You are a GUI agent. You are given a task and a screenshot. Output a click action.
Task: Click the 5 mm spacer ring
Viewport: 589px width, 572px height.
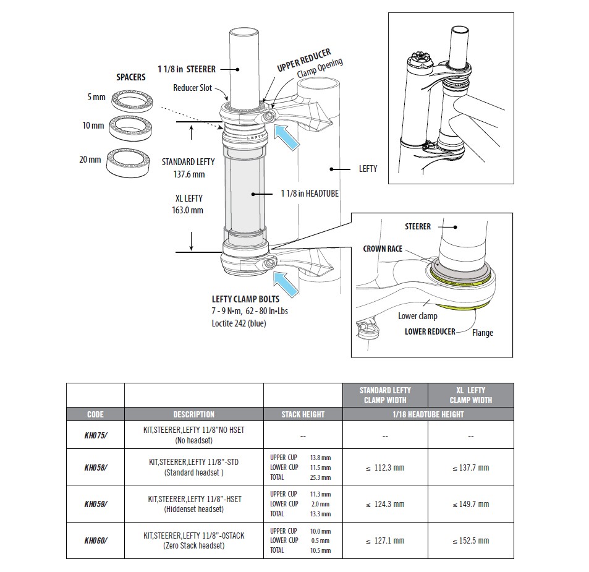131,100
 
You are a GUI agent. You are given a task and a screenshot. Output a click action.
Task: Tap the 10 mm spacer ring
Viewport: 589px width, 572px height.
130,127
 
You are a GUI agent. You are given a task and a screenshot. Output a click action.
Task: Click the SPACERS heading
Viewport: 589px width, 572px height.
131,77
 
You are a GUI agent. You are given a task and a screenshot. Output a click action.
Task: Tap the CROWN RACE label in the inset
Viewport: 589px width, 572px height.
383,249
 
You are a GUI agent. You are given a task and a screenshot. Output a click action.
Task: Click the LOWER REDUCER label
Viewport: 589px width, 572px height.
430,331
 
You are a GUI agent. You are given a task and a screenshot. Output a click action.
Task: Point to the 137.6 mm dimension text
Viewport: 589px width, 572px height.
189,174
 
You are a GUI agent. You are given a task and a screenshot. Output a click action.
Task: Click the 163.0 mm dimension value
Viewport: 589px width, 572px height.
189,210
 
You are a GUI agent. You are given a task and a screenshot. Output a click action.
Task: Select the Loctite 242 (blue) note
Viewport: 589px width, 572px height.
239,323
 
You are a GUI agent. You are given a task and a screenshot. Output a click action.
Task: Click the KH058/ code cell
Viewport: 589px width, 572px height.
95,467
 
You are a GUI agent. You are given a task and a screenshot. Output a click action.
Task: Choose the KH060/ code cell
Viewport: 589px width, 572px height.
95,540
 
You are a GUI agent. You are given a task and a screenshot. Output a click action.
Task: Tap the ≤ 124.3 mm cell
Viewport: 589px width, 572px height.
385,504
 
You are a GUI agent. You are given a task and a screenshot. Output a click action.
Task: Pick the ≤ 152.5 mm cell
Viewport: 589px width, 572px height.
470,540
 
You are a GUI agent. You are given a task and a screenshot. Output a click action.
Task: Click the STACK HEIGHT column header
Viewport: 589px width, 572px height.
303,414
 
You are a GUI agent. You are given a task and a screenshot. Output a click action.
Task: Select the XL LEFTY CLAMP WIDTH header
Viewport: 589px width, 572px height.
470,395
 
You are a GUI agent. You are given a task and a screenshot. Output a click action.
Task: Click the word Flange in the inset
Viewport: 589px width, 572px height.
483,333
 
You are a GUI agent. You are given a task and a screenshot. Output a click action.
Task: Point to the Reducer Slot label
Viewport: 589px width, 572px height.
192,88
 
